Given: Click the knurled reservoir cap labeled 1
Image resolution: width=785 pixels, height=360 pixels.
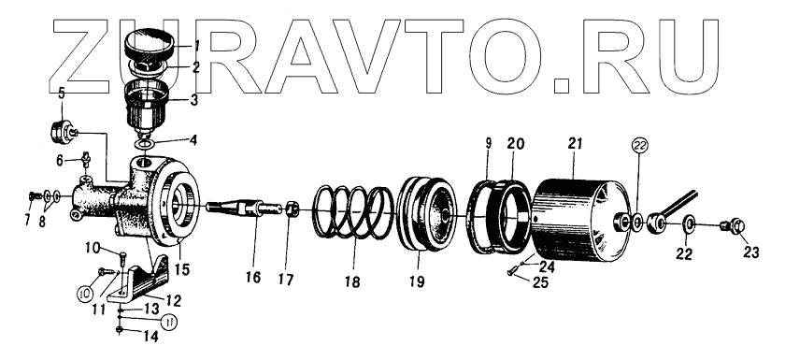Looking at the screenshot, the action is click(149, 45).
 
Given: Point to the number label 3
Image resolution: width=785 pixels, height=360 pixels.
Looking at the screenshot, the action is click(194, 100).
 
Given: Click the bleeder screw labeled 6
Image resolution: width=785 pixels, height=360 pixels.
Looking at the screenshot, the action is click(86, 160).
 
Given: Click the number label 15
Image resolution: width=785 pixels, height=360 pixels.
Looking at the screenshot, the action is click(181, 269).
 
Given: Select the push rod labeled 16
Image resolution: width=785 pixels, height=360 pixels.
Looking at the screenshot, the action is click(244, 208).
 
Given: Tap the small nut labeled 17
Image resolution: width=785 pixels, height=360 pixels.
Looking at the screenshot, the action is click(293, 208).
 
